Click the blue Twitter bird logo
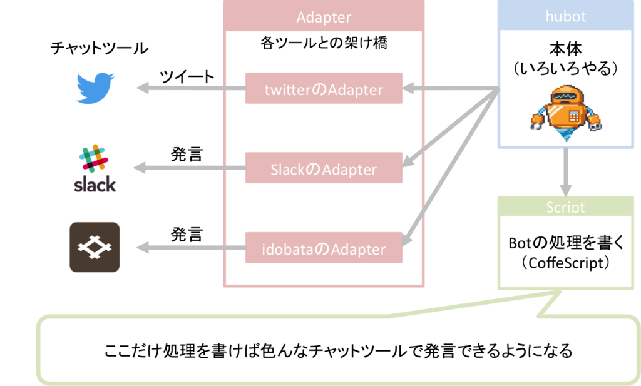pyautogui.click(x=95, y=88)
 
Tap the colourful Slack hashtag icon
pyautogui.click(x=95, y=158)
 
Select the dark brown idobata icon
pyautogui.click(x=95, y=247)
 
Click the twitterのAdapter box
pyautogui.click(x=324, y=88)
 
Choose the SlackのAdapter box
pyautogui.click(x=324, y=168)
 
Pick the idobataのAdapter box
pyautogui.click(x=324, y=248)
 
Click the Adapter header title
pyautogui.click(x=324, y=17)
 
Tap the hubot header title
pyautogui.click(x=566, y=16)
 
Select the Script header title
pyautogui.click(x=566, y=207)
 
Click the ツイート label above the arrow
pyautogui.click(x=187, y=76)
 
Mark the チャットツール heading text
pyautogui.click(x=100, y=48)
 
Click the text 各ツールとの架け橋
pyautogui.click(x=324, y=43)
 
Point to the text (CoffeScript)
pyautogui.click(x=566, y=263)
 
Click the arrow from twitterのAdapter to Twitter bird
pyautogui.click(x=191, y=88)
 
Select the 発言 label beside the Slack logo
pyautogui.click(x=187, y=155)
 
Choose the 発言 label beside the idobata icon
pyautogui.click(x=187, y=235)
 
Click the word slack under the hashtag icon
pyautogui.click(x=95, y=184)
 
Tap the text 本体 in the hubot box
pyautogui.click(x=566, y=49)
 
